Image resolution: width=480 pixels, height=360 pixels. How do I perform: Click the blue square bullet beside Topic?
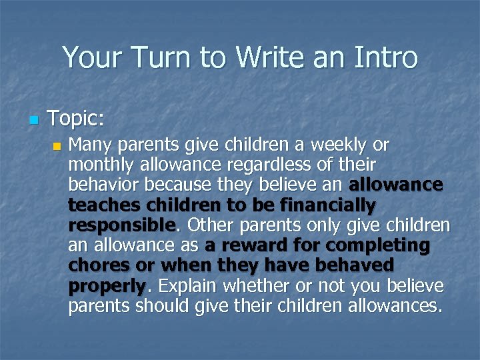(x=33, y=121)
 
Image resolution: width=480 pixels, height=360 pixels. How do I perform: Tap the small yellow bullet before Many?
(x=57, y=146)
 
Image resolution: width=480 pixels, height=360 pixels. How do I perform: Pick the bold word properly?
(x=107, y=287)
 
